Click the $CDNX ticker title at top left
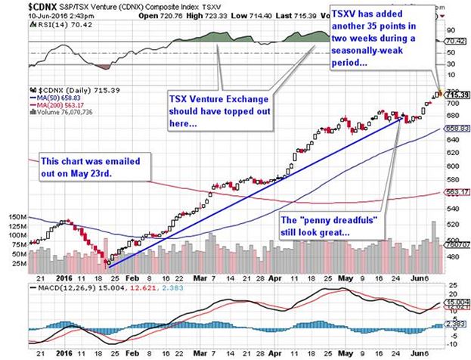[20, 6]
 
